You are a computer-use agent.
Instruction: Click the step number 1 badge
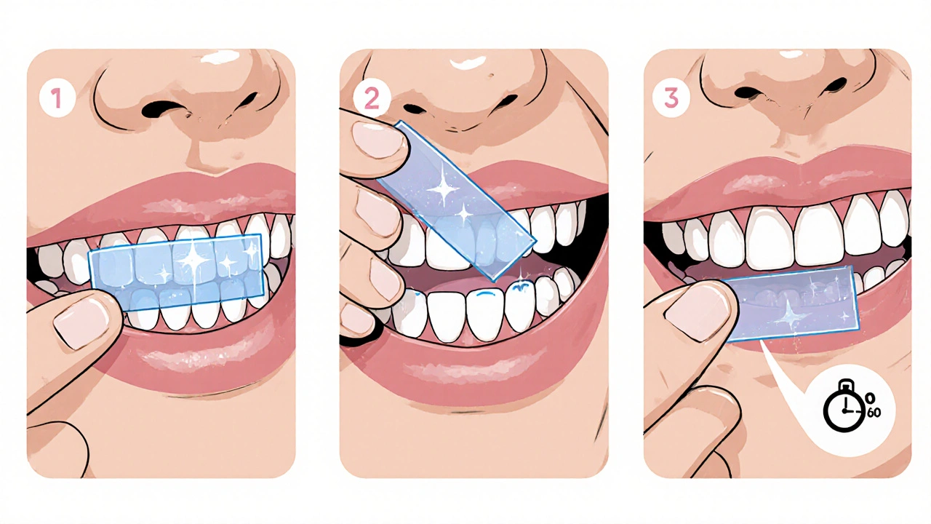pyautogui.click(x=57, y=98)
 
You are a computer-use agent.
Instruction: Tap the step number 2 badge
pyautogui.click(x=372, y=98)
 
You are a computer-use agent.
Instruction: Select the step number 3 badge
pyautogui.click(x=671, y=98)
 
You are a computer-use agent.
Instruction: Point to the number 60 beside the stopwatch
pyautogui.click(x=874, y=413)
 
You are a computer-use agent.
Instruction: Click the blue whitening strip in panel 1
pyautogui.click(x=176, y=273)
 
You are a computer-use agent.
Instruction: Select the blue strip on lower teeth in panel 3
pyautogui.click(x=786, y=303)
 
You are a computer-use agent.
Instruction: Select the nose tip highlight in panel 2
pyautogui.click(x=468, y=63)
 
